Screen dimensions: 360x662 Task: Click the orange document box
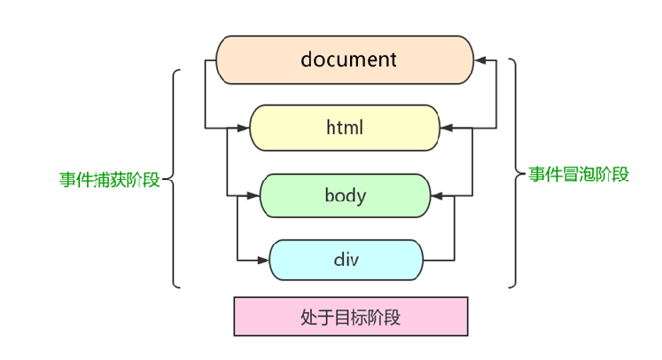[347, 59]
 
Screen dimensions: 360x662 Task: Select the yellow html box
[346, 128]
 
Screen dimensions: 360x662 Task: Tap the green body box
[346, 195]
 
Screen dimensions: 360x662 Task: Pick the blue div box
[346, 261]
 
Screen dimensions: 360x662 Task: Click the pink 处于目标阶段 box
[350, 316]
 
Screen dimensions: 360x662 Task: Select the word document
[348, 59]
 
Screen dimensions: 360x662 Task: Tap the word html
[346, 128]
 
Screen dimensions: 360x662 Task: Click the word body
[346, 195]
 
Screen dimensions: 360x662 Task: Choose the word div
[346, 261]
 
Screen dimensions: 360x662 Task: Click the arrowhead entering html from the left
[245, 128]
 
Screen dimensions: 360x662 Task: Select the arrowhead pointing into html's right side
[447, 128]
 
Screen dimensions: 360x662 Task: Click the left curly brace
[173, 179]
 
